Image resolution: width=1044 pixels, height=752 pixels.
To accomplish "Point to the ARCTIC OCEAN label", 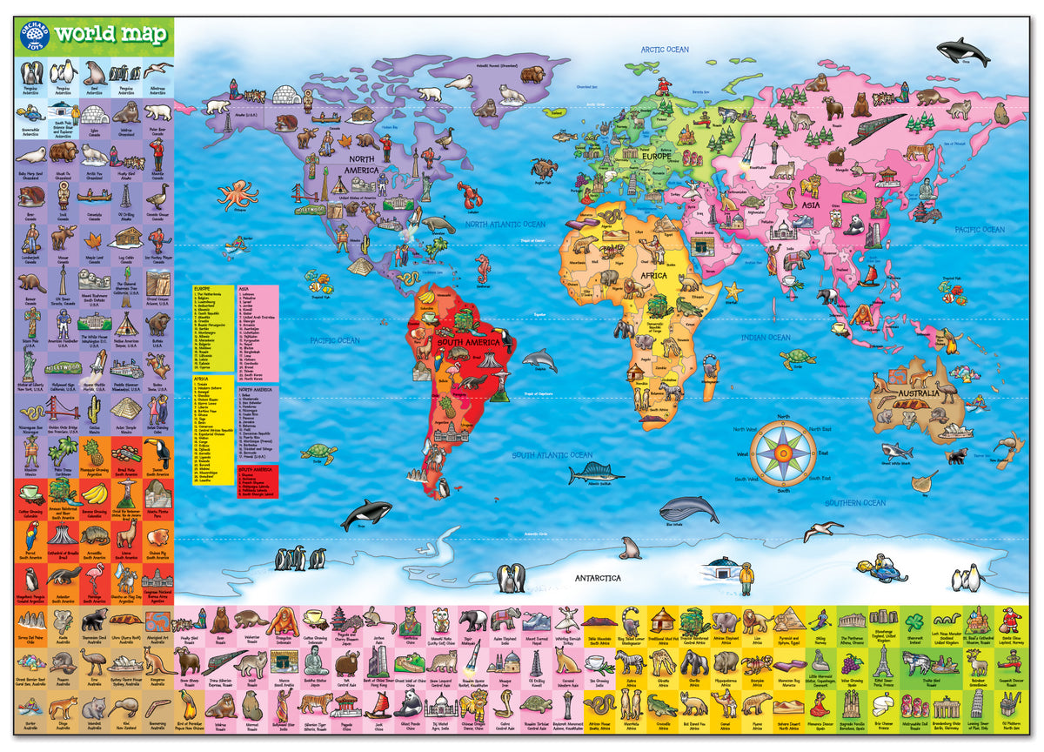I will (x=665, y=50).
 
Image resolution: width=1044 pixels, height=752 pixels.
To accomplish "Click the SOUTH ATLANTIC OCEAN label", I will (x=552, y=455).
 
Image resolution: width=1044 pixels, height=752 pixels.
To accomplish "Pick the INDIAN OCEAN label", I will (x=766, y=338).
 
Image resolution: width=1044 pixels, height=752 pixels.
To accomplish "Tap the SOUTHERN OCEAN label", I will (x=855, y=503).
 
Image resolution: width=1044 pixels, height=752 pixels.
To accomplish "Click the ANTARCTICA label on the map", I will (x=597, y=578).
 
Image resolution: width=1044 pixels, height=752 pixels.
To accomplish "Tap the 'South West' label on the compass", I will (x=746, y=480).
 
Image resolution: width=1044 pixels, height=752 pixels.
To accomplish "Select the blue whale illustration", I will (x=689, y=508).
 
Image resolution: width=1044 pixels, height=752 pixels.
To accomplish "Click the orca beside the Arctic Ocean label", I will (x=963, y=51).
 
